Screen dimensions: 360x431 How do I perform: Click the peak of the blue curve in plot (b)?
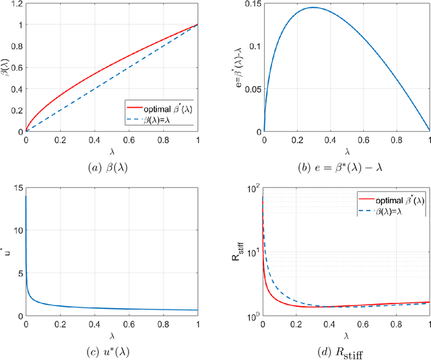[312, 8]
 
